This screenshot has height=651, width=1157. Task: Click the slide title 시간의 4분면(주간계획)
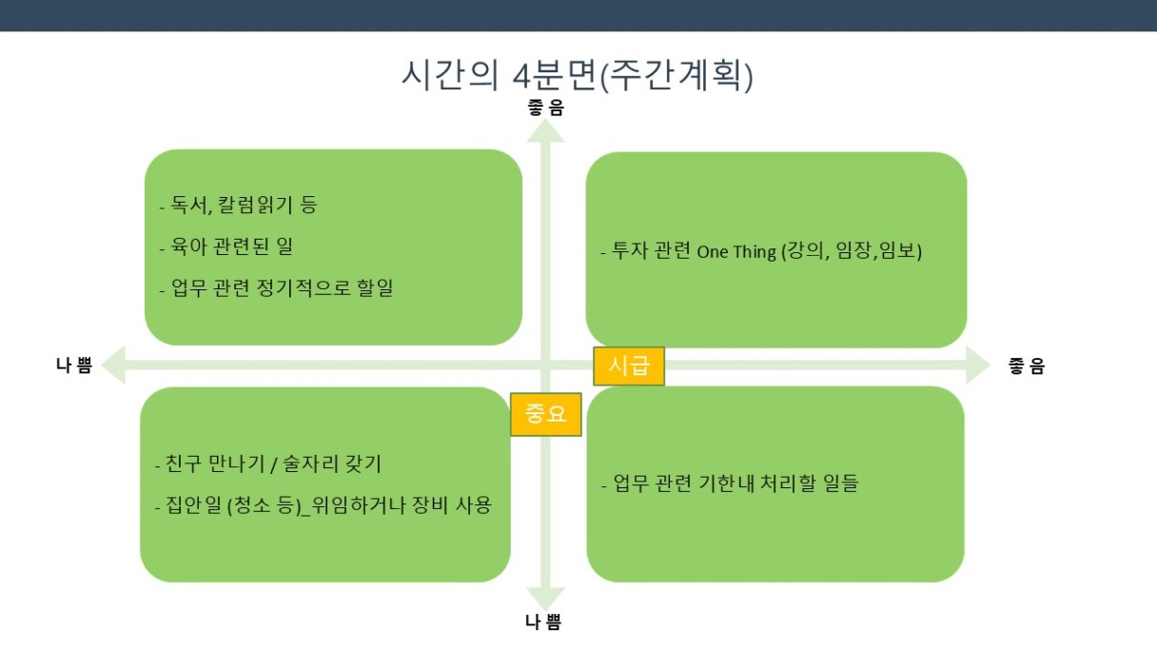577,76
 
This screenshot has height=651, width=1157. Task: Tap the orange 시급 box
629,366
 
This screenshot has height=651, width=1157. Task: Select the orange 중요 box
546,414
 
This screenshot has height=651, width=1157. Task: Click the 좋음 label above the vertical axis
545,108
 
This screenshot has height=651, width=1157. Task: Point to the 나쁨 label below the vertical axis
543,621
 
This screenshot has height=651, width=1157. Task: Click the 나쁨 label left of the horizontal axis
74,365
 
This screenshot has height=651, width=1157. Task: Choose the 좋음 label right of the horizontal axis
1027,366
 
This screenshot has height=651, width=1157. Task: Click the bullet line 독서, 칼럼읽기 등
238,206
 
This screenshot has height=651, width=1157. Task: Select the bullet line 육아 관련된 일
226,247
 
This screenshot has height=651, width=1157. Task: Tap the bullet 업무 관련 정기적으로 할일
276,288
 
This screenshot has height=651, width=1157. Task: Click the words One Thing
736,251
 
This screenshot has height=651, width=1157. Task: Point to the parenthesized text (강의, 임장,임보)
852,251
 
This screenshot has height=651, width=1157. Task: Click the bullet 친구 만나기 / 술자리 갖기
268,464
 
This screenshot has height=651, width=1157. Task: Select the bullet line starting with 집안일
324,505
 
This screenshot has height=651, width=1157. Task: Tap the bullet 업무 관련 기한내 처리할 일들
730,483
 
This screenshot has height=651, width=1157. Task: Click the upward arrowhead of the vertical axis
545,130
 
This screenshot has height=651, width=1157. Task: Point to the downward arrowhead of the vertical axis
545,599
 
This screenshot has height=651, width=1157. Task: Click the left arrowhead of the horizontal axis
113,365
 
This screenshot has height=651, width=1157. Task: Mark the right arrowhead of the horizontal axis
978,365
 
